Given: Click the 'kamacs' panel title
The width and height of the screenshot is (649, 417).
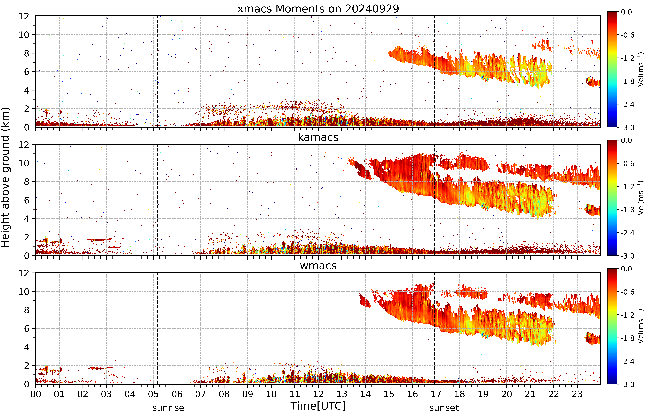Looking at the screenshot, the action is (318, 137).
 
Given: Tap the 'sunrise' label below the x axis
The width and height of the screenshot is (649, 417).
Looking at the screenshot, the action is (168, 408).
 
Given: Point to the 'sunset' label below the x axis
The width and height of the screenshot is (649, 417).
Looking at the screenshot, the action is (444, 408).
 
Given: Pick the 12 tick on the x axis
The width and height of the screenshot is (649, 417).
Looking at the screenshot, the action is (318, 394).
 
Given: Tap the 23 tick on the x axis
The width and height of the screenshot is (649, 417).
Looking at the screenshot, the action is (577, 394).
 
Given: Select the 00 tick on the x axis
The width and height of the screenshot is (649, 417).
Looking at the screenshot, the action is (36, 394).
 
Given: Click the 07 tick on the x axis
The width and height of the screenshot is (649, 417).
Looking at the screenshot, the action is (200, 394).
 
